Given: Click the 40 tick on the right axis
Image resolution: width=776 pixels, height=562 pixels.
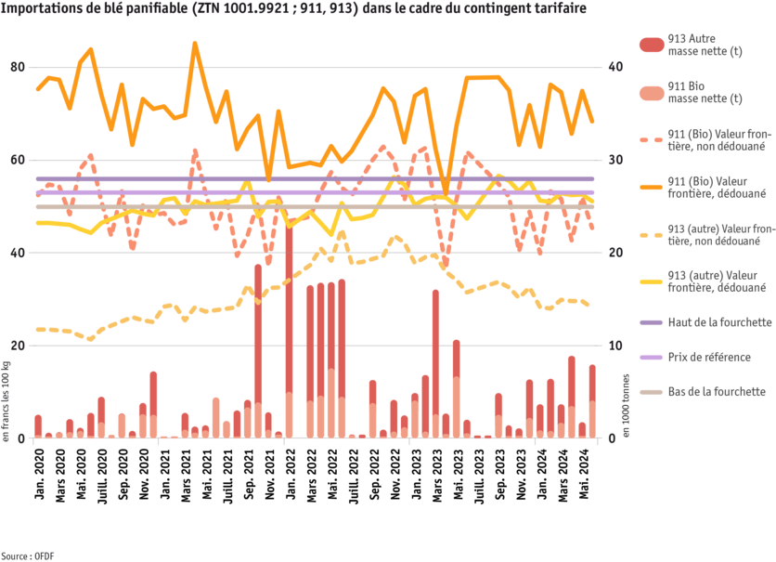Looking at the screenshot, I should [x=614, y=68].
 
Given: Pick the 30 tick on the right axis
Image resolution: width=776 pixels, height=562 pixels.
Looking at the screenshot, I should [x=614, y=160].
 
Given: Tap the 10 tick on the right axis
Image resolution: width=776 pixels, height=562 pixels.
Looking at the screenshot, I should [x=614, y=345].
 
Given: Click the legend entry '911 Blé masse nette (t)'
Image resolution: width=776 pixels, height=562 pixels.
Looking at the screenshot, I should [x=705, y=93].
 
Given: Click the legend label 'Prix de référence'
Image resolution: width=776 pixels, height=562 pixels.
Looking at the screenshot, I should [x=709, y=358].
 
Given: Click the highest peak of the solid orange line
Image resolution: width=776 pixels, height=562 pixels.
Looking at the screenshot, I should [x=194, y=42].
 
